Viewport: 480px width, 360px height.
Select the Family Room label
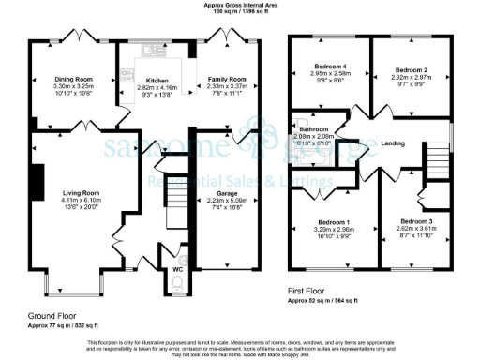[x=229, y=80]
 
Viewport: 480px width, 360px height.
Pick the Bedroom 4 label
[x=329, y=67]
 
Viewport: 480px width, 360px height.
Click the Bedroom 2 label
[x=411, y=70]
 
